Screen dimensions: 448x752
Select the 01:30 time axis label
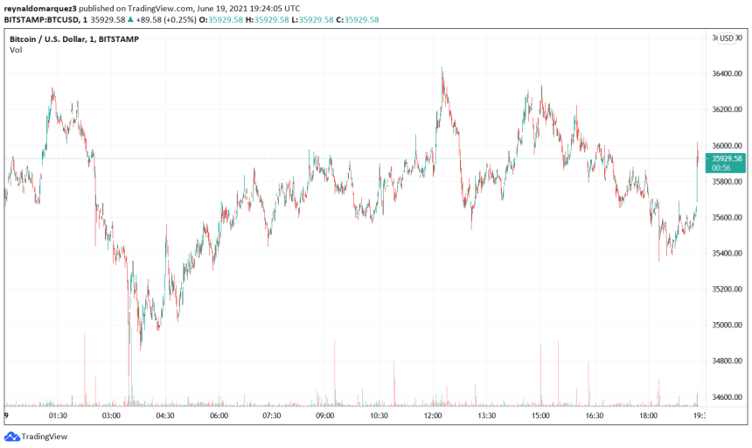point(59,416)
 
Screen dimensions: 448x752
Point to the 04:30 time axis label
point(165,416)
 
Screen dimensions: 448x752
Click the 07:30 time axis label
point(272,416)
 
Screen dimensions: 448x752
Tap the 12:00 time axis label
point(433,416)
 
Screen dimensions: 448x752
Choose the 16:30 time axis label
point(594,416)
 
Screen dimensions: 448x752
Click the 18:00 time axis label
point(648,416)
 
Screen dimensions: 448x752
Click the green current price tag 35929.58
point(728,158)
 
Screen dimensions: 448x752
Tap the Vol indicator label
point(16,51)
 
